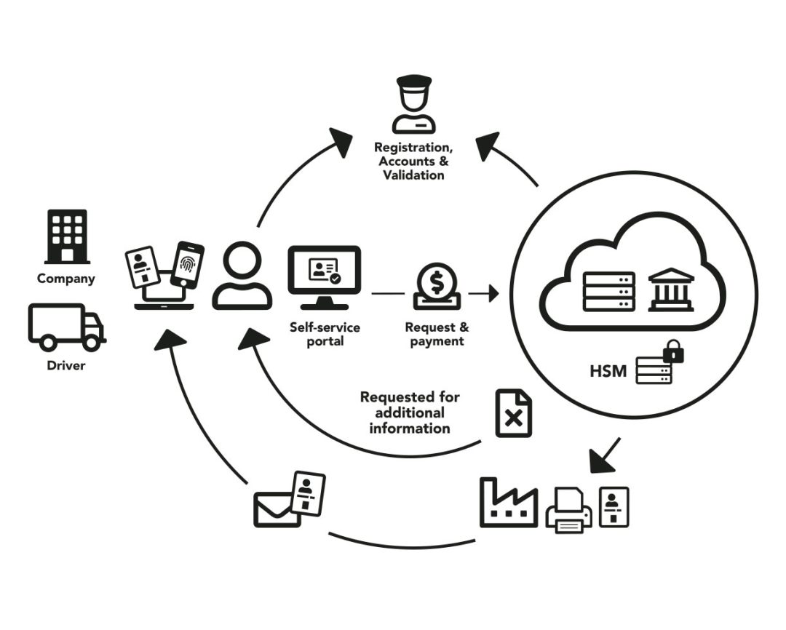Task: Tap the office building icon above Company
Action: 66,236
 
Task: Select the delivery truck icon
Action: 66,327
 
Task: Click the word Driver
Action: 66,365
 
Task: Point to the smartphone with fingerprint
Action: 187,265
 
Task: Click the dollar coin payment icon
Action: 437,286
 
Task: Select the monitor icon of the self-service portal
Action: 324,277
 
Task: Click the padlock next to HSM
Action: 674,353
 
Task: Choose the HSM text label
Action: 608,372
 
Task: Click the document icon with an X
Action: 513,413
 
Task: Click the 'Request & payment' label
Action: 437,335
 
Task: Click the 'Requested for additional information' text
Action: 410,412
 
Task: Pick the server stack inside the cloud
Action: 609,292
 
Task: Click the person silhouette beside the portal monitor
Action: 242,276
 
